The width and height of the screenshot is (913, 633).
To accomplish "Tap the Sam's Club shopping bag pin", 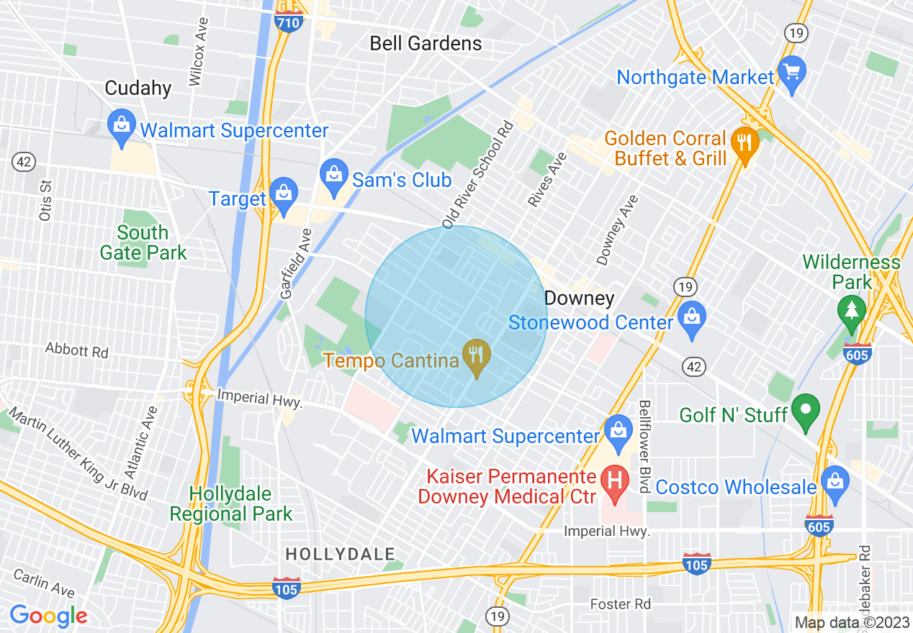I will click(333, 177).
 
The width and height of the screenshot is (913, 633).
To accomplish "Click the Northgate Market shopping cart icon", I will click(792, 73).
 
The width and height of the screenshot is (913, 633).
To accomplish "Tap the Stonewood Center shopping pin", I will click(691, 319).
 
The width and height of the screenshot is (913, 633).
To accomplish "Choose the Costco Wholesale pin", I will click(835, 483).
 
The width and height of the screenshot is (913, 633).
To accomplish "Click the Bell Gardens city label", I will click(426, 43).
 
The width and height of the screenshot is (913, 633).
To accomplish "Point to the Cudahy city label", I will click(138, 88).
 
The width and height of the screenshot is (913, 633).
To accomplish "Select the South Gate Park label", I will click(143, 242).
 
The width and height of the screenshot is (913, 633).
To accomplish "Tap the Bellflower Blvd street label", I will click(644, 446).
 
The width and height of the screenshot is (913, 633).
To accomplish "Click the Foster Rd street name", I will click(620, 604).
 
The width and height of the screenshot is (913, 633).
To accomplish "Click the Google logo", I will click(48, 616).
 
